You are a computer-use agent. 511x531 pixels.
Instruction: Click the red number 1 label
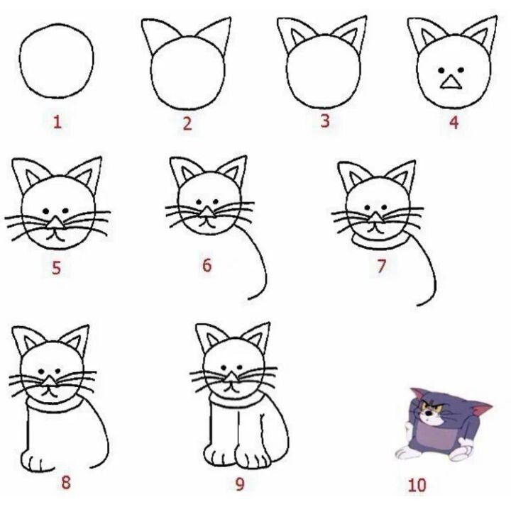[57, 122]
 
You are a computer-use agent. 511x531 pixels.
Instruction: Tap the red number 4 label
[454, 122]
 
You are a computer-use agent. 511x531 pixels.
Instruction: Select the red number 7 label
[381, 266]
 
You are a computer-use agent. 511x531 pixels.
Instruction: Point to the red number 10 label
[417, 485]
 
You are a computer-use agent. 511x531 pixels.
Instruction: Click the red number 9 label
[240, 484]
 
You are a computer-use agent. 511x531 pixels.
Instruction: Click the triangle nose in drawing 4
[451, 82]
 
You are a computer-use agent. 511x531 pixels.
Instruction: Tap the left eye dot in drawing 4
[441, 70]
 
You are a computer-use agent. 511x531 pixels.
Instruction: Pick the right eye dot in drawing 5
[65, 211]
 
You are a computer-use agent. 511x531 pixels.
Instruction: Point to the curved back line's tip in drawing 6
[248, 299]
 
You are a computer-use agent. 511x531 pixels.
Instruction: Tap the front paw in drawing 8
[38, 461]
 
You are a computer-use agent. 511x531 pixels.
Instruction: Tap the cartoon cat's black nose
[429, 413]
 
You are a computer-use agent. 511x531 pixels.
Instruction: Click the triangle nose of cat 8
[50, 381]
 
